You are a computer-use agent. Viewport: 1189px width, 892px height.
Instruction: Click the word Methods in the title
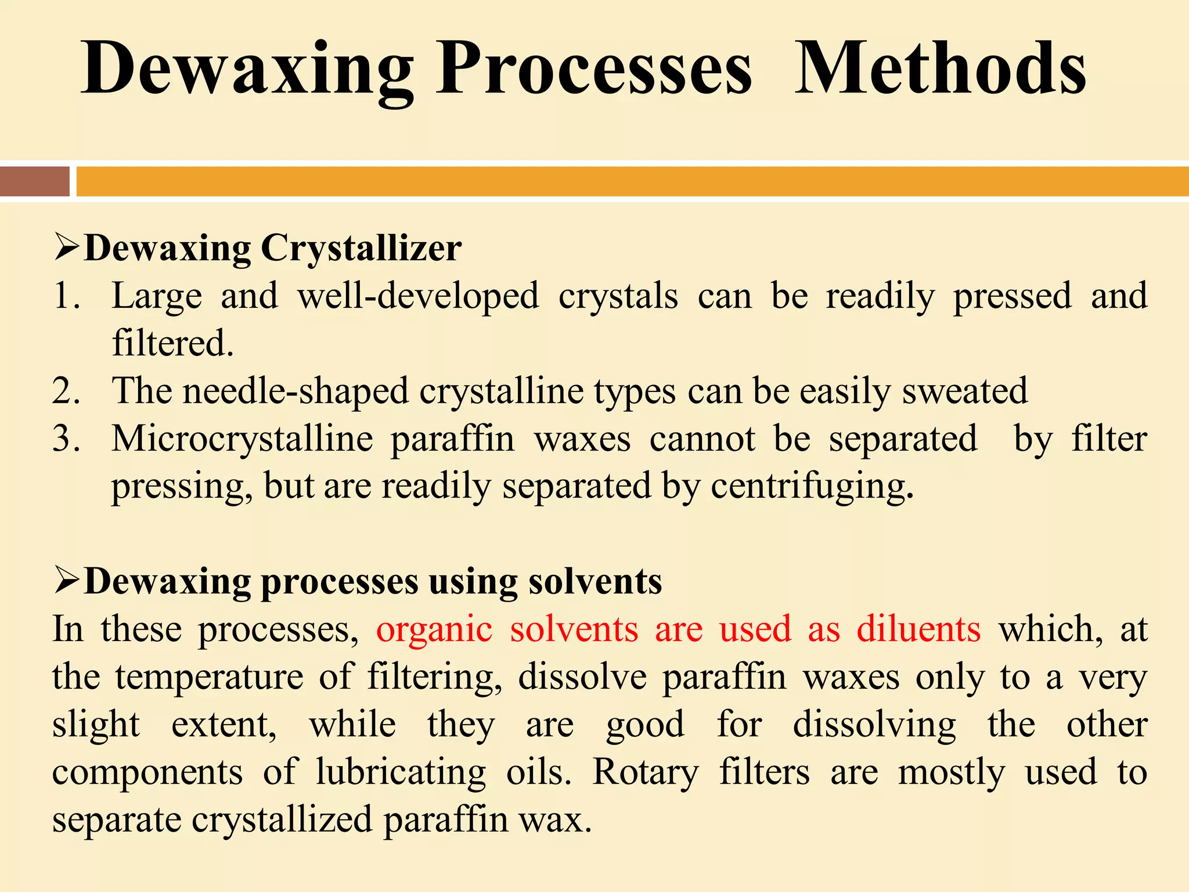coord(940,69)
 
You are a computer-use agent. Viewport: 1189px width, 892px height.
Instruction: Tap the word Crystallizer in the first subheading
coord(361,249)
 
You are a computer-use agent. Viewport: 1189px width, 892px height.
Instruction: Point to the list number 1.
coord(66,296)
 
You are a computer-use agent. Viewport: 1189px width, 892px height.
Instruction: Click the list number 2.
coord(66,391)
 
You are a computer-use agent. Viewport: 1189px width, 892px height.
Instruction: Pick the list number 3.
coord(66,438)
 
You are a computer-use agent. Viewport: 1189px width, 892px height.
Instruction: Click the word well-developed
coord(418,296)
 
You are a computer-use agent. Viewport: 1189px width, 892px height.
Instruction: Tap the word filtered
coord(172,343)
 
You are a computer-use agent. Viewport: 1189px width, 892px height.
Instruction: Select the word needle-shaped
coord(296,392)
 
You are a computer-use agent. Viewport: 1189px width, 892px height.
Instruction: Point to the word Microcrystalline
coord(243,439)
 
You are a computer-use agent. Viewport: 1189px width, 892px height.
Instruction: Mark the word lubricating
coord(401,772)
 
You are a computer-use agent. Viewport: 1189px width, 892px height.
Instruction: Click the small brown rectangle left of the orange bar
coord(34,181)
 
